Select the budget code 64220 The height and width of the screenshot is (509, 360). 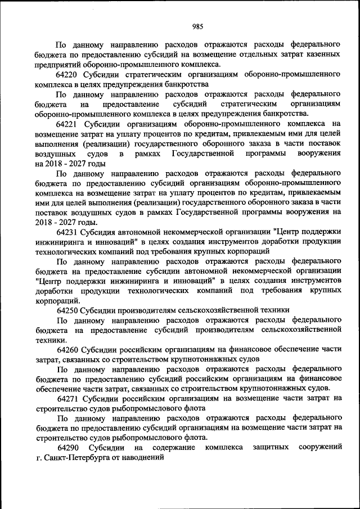click(x=67, y=74)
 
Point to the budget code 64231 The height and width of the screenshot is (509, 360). click(x=67, y=232)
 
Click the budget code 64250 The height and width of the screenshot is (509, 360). click(x=67, y=310)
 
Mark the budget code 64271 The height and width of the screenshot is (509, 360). click(x=67, y=398)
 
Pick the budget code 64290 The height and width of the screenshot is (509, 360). click(x=67, y=447)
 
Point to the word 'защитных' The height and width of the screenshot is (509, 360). click(x=270, y=447)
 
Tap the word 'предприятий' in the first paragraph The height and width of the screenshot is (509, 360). click(x=58, y=64)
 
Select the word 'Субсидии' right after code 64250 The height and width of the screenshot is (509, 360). click(x=97, y=310)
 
